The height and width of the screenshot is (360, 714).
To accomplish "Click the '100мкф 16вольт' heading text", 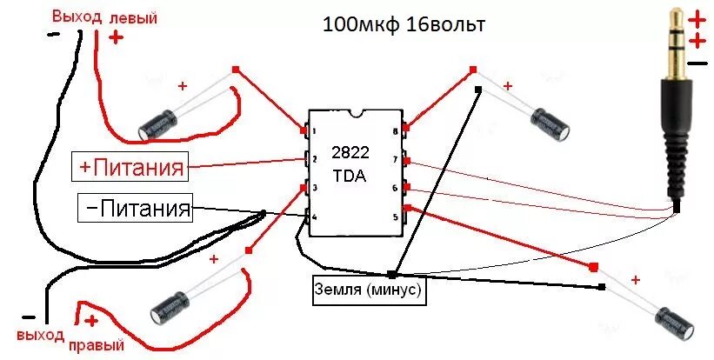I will [404, 25].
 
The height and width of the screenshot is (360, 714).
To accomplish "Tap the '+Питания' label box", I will [131, 166].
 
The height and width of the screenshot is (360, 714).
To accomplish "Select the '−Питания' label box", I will [135, 209].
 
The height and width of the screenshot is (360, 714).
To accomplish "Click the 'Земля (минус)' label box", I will [369, 290].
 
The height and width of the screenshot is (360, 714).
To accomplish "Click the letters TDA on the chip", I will [350, 176].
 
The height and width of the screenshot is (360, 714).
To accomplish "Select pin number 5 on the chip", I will [395, 216].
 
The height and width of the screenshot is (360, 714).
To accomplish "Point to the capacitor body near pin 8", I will [551, 123].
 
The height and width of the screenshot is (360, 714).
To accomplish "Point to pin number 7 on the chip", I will [395, 160].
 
